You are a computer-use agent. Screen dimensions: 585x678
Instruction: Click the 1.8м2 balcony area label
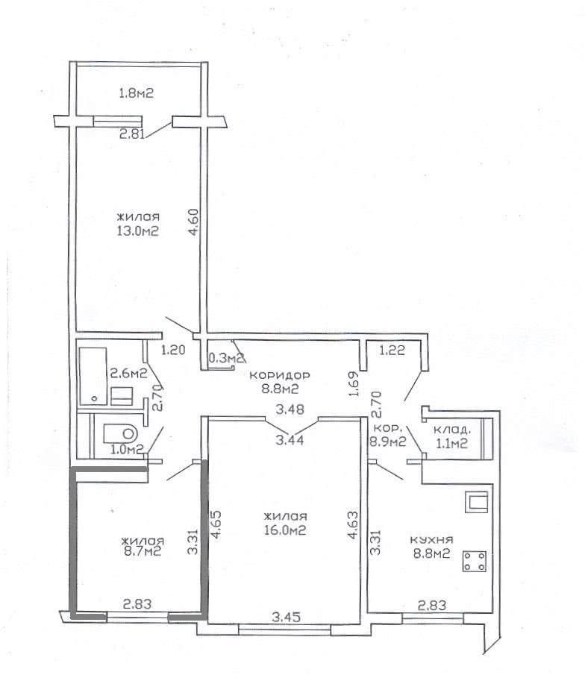pos(137,93)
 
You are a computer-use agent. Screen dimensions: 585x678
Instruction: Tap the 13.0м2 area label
pos(137,231)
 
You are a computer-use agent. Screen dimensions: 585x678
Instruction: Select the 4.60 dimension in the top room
pos(193,222)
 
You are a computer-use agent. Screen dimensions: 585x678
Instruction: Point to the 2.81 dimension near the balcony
pos(131,134)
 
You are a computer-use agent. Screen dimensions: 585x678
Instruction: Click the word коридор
pos(280,375)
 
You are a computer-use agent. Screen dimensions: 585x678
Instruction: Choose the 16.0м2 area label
pos(285,530)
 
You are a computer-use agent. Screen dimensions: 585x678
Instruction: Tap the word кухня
pos(431,539)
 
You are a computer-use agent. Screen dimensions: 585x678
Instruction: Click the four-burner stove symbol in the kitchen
pos(475,561)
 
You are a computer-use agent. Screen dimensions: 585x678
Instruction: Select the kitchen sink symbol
pos(476,502)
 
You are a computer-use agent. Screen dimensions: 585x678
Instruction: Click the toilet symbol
pos(120,433)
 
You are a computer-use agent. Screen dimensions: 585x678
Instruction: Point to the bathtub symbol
pos(93,376)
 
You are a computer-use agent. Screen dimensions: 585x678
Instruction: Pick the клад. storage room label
pos(451,430)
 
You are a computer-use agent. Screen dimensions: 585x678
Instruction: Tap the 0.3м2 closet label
pos(226,357)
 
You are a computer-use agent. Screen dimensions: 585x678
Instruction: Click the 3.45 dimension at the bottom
pos(286,616)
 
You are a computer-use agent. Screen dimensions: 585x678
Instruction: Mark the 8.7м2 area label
pos(142,551)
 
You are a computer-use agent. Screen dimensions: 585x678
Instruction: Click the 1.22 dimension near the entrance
pos(392,350)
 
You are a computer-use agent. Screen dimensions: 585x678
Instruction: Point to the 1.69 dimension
pos(354,383)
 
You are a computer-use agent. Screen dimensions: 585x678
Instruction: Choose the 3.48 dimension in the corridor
pos(290,409)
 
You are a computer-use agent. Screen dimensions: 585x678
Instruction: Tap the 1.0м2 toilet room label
pos(127,449)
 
